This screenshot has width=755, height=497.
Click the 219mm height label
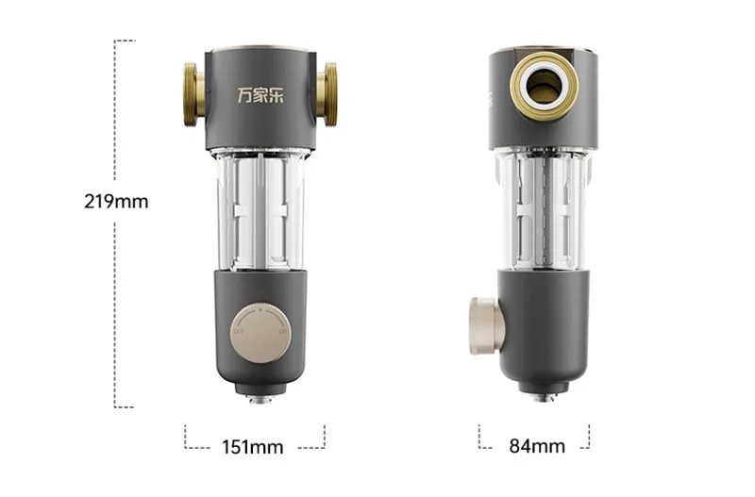point(116,201)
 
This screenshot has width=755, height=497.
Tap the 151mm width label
point(252,447)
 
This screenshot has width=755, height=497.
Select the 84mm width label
point(537,446)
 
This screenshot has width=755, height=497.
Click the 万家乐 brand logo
point(260,94)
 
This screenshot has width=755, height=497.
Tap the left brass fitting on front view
point(194,95)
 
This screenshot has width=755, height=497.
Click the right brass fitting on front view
point(327,95)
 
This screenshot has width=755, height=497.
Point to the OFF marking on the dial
point(239,332)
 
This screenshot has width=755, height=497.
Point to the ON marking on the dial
point(282,332)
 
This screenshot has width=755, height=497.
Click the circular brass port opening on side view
point(545,86)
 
